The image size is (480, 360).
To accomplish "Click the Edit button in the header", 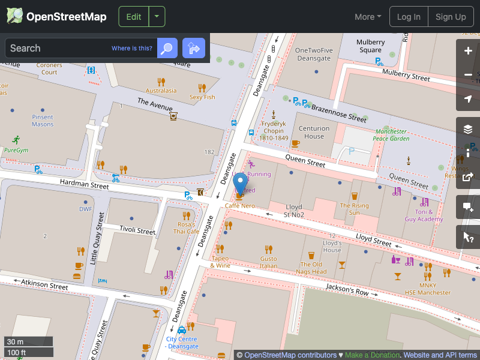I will (133, 17).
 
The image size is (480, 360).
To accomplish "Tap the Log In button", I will (409, 17).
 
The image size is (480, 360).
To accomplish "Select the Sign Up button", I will (451, 17).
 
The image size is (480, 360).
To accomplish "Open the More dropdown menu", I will (368, 17).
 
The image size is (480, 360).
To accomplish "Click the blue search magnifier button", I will (167, 48).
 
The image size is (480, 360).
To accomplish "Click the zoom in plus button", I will (468, 51).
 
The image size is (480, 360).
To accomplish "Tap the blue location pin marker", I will (240, 184).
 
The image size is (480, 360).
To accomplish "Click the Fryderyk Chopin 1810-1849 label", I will (274, 134).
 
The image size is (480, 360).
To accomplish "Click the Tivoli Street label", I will (137, 230).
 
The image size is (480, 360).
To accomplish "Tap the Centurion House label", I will (314, 132).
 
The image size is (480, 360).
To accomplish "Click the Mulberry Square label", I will (370, 46).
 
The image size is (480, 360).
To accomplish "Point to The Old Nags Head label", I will (311, 268).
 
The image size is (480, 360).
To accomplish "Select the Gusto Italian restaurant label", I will (268, 262).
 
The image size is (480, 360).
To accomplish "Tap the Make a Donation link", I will (372, 355).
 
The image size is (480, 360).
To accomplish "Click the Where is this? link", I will (132, 49).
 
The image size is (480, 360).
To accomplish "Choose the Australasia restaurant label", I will (161, 91).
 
